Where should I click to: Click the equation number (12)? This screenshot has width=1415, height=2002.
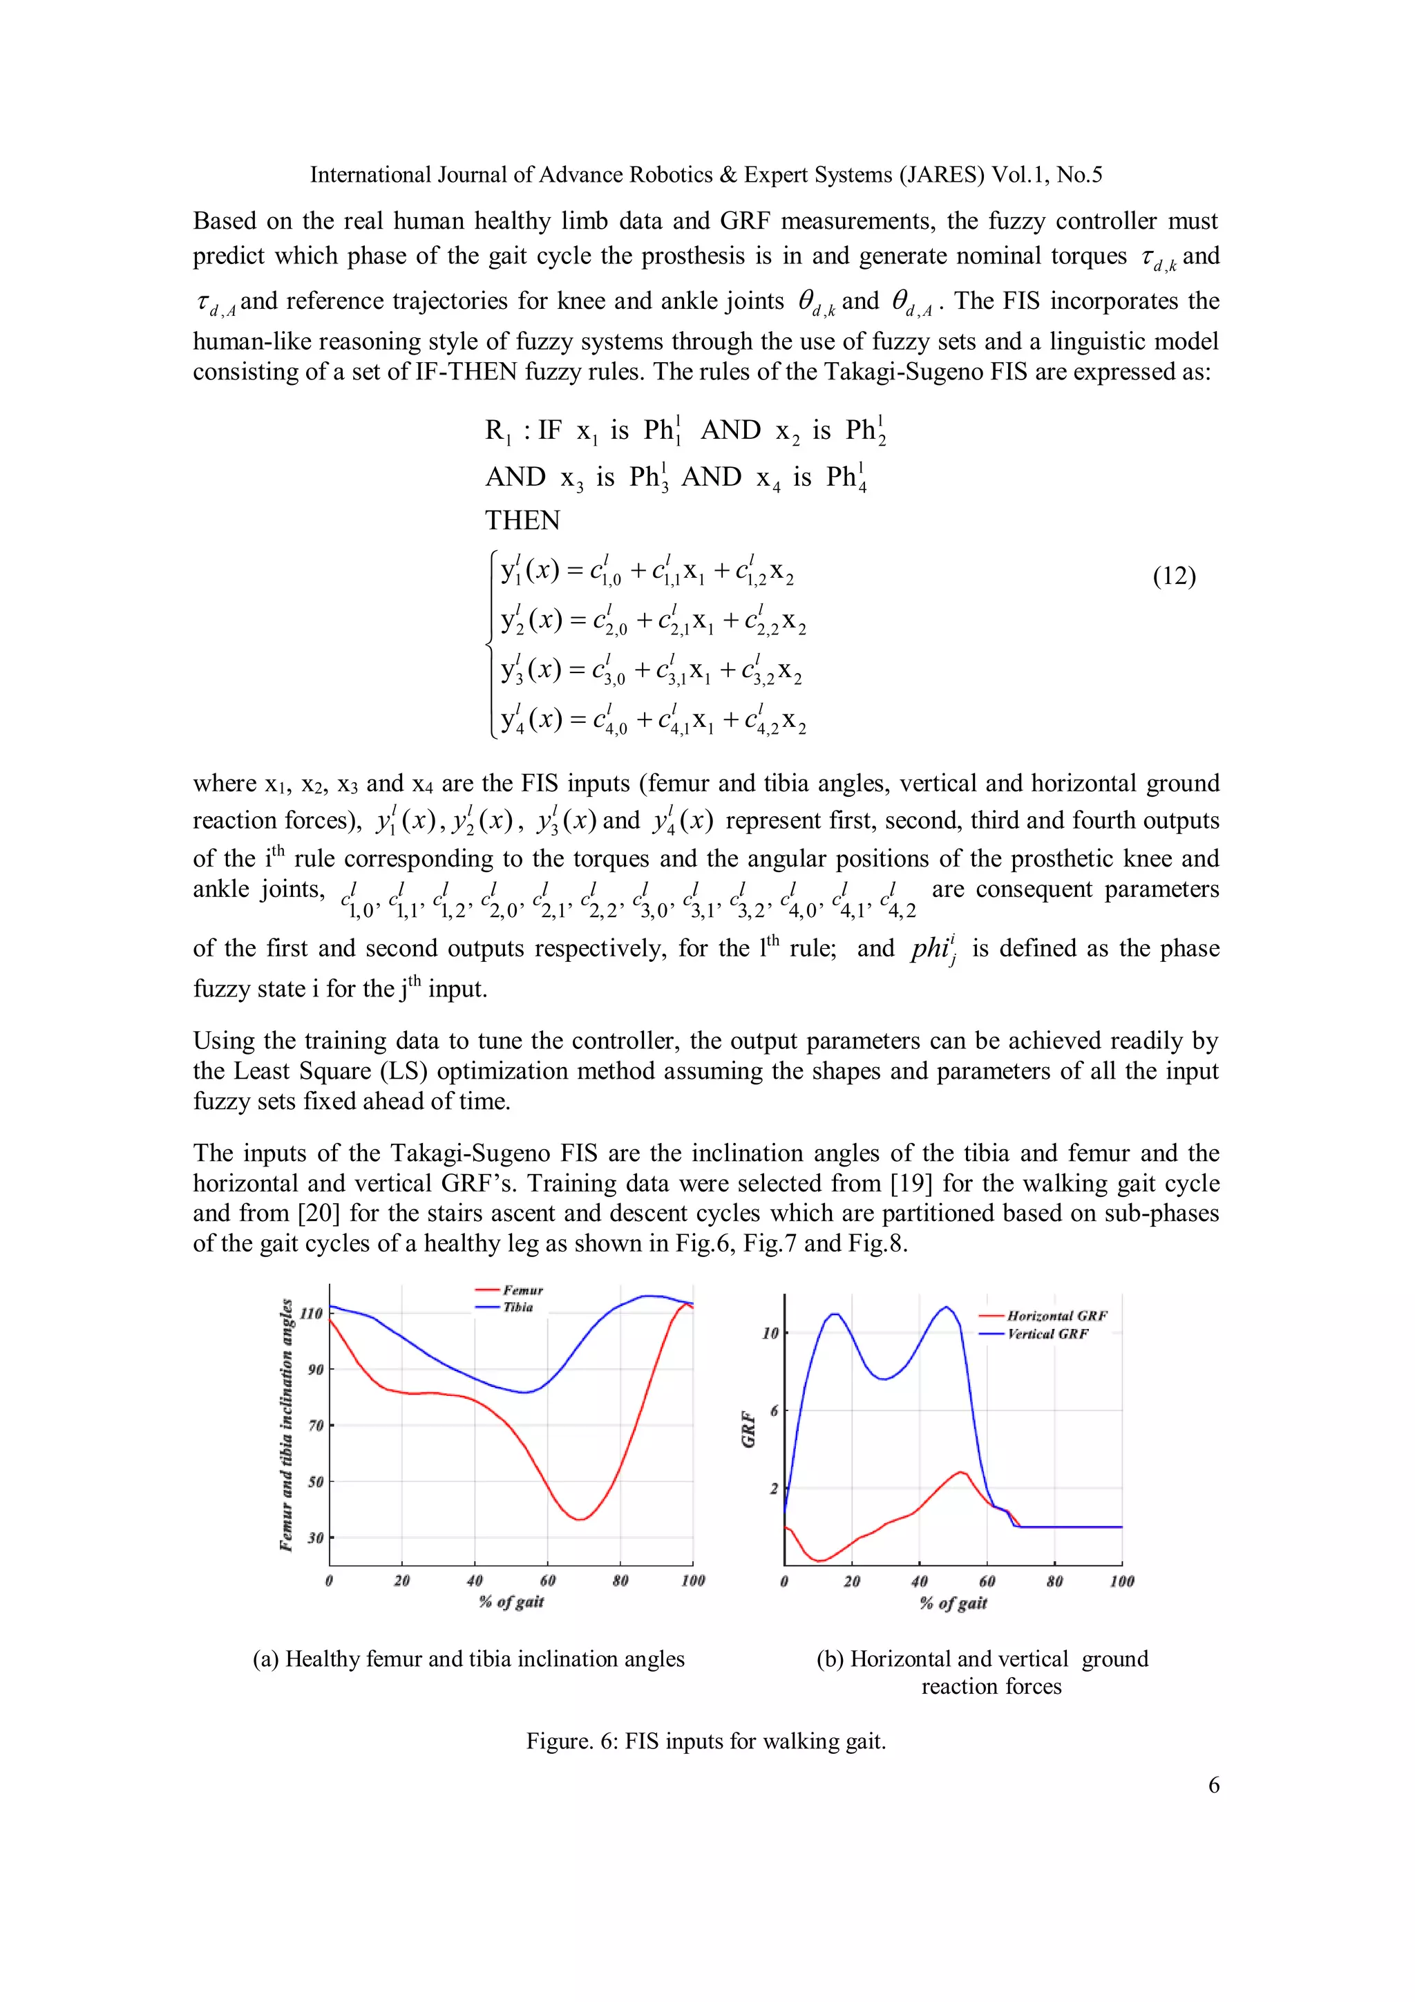click(x=1173, y=576)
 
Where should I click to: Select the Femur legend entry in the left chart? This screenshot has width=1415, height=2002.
click(x=522, y=1290)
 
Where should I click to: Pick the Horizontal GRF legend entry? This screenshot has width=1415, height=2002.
click(x=1056, y=1316)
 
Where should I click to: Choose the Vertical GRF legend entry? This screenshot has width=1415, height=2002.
click(x=1047, y=1334)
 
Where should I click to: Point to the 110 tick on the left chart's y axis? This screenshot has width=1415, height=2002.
click(x=311, y=1313)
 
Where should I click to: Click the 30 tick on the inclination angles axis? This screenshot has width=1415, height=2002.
click(x=315, y=1537)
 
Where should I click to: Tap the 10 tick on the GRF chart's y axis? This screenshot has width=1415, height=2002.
click(x=770, y=1333)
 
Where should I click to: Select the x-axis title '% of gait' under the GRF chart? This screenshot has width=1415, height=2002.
click(x=953, y=1603)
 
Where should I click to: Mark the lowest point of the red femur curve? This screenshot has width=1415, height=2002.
click(x=580, y=1520)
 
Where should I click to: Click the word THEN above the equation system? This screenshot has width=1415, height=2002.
click(x=522, y=520)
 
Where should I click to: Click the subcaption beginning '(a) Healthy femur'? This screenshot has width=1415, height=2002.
click(x=468, y=1659)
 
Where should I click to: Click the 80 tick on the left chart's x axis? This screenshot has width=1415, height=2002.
click(x=620, y=1580)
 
